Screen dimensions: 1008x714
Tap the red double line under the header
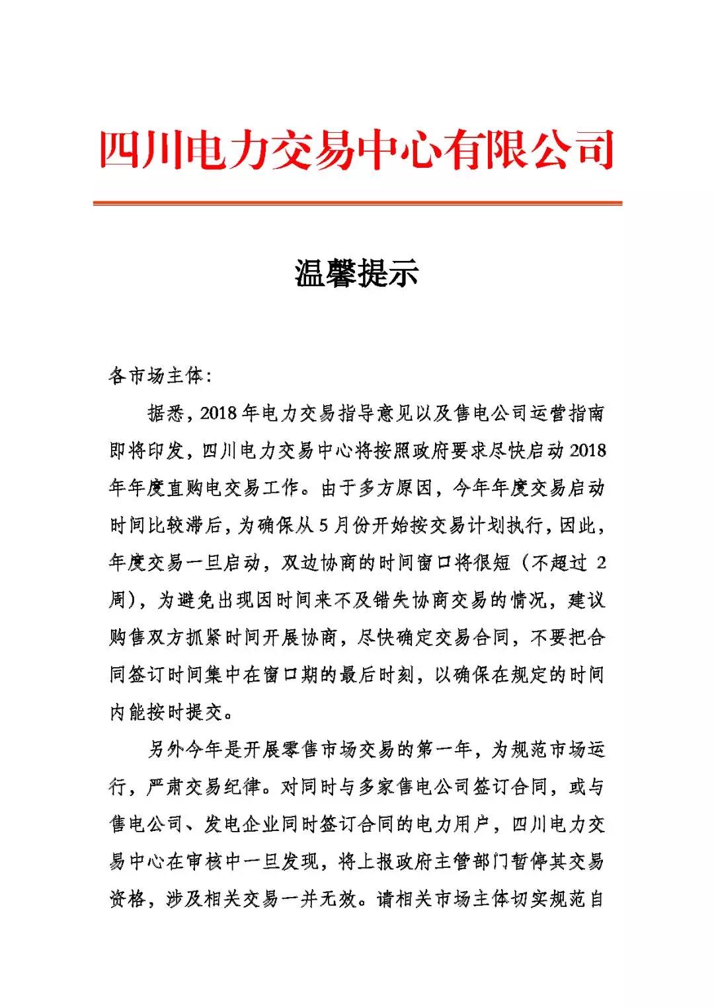(357, 203)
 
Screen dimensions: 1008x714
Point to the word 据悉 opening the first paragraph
(165, 414)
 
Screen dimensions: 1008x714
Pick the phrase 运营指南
(567, 414)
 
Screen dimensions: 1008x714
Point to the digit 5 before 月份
(323, 526)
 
